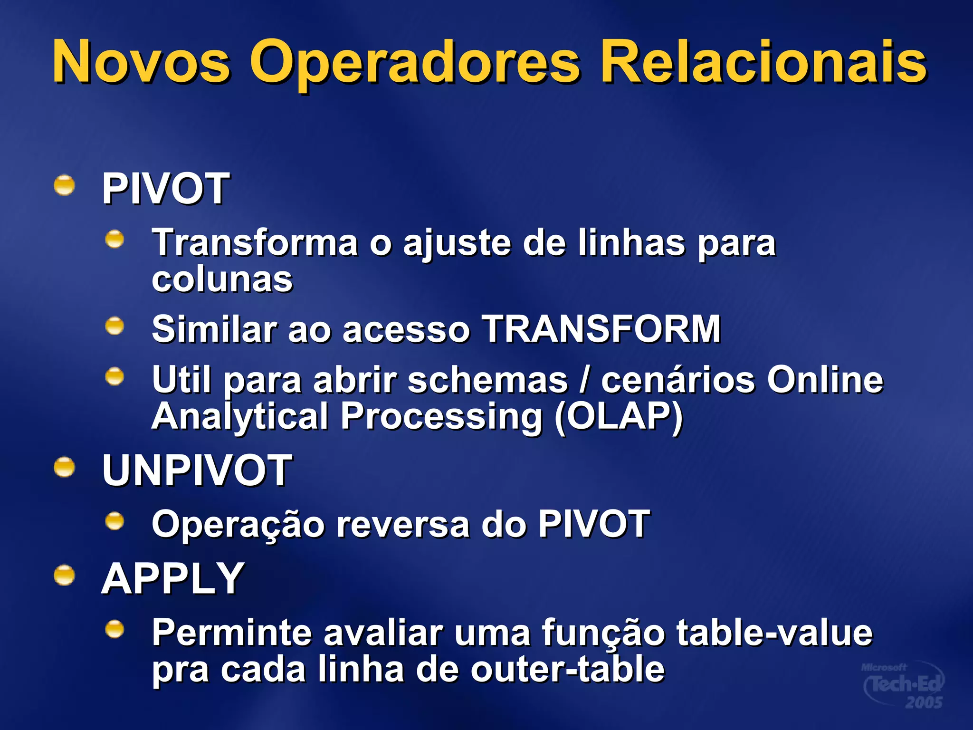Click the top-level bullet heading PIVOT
pos(166,189)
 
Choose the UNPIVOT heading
pos(197,470)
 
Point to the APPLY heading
pos(173,578)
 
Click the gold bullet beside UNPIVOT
pos(64,467)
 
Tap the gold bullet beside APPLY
pos(64,576)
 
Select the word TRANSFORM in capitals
pos(601,329)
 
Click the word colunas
pos(222,279)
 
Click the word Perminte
pos(231,633)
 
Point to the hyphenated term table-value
pos(774,633)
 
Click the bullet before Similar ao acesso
pos(114,327)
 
